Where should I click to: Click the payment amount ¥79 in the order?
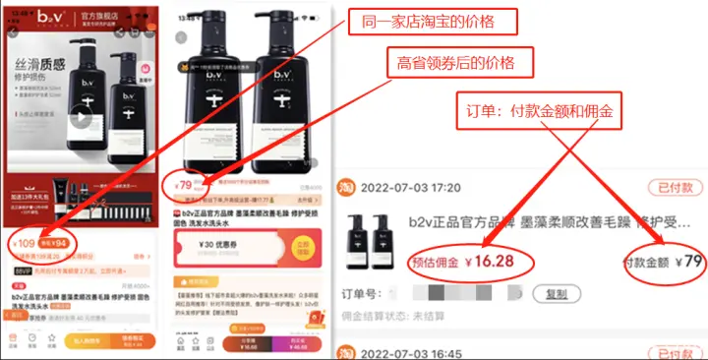667,263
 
